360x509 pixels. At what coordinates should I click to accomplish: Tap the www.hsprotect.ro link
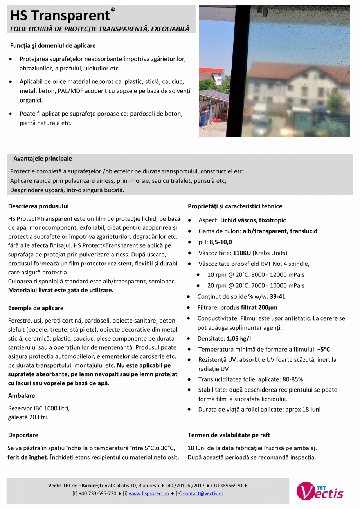[149, 494]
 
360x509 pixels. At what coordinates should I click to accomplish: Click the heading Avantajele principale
[43, 159]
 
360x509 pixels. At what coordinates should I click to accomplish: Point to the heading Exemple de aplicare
[36, 308]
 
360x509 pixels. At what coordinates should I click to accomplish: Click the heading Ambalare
[22, 396]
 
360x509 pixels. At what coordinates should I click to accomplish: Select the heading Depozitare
[23, 435]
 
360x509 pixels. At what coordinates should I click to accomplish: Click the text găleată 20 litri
[29, 417]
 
